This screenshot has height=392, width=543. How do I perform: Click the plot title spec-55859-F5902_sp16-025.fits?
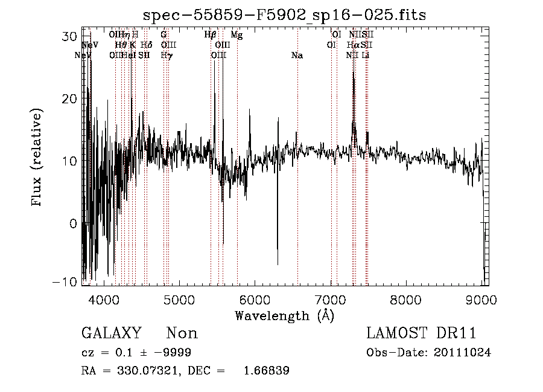tap(284, 15)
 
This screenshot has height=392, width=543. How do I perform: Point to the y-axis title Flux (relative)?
tap(37, 158)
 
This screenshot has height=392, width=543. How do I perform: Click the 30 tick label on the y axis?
tap(70, 36)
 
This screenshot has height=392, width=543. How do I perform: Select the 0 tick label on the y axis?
tap(74, 223)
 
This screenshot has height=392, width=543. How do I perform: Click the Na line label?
tap(297, 56)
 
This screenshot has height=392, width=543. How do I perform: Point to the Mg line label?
tap(237, 36)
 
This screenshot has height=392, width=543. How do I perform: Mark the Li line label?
tap(365, 56)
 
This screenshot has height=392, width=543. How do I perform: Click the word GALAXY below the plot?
tap(111, 333)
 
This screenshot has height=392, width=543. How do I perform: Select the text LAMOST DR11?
tap(421, 333)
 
